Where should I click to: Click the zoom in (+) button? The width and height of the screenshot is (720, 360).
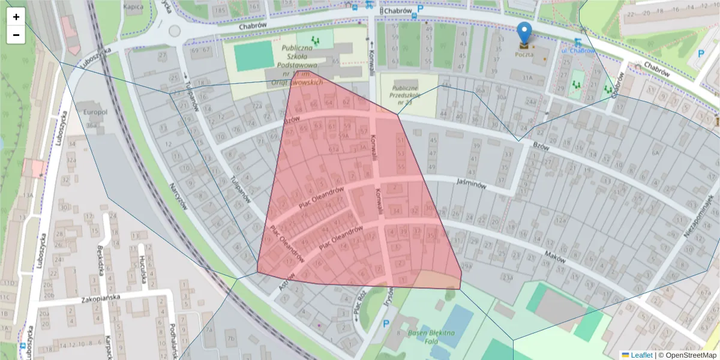pos(16,17)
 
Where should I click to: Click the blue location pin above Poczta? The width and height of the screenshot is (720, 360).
pos(524,32)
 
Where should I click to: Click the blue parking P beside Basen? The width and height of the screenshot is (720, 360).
pos(386,323)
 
